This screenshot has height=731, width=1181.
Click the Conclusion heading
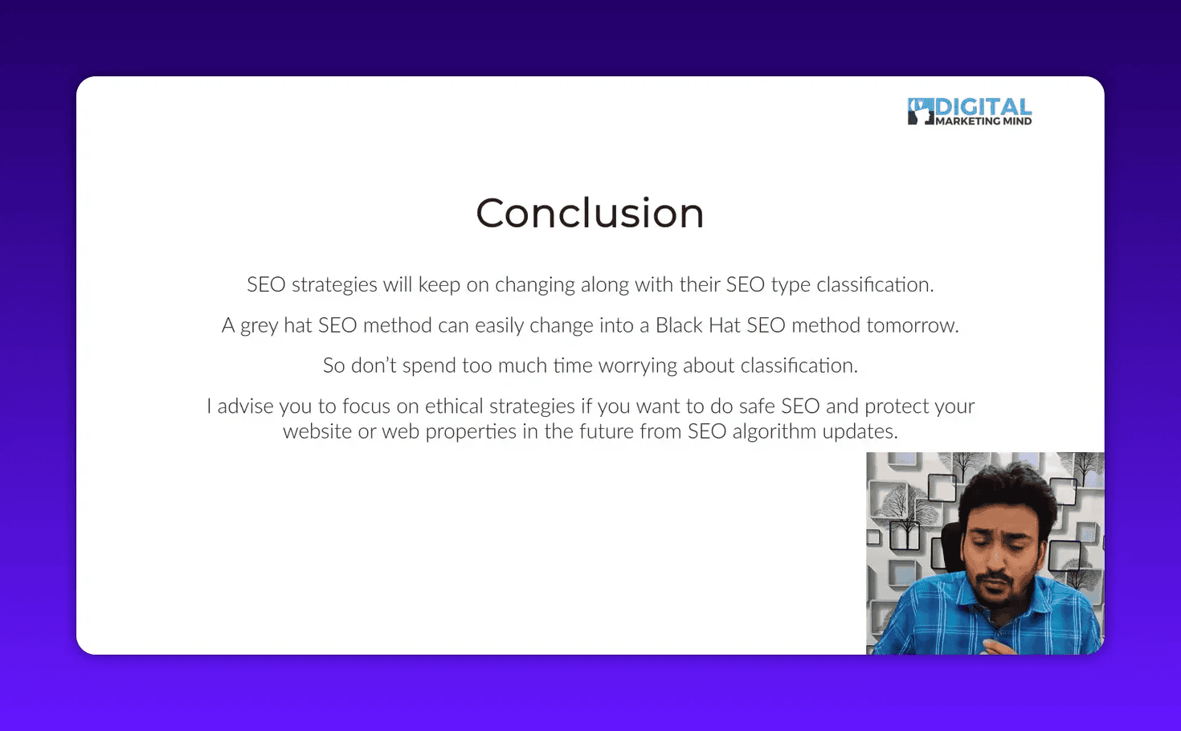tap(590, 214)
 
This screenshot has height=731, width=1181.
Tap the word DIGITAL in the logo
tap(983, 108)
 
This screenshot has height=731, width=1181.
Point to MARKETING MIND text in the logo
tap(983, 121)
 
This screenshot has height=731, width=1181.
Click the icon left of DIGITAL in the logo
tap(920, 112)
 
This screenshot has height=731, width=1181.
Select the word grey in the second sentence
tap(259, 326)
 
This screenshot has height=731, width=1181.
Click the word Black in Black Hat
tap(679, 325)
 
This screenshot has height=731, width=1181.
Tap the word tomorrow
tap(912, 325)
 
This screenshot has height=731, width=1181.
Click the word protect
tap(897, 406)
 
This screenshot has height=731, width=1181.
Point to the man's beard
tap(997, 598)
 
